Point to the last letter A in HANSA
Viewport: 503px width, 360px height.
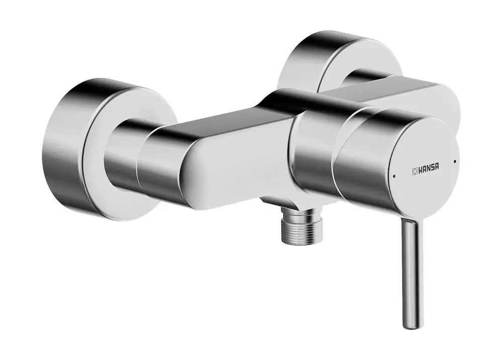pos(438,168)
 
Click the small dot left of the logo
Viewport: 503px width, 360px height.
pos(394,176)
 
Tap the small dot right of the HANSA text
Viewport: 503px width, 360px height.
pos(455,160)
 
